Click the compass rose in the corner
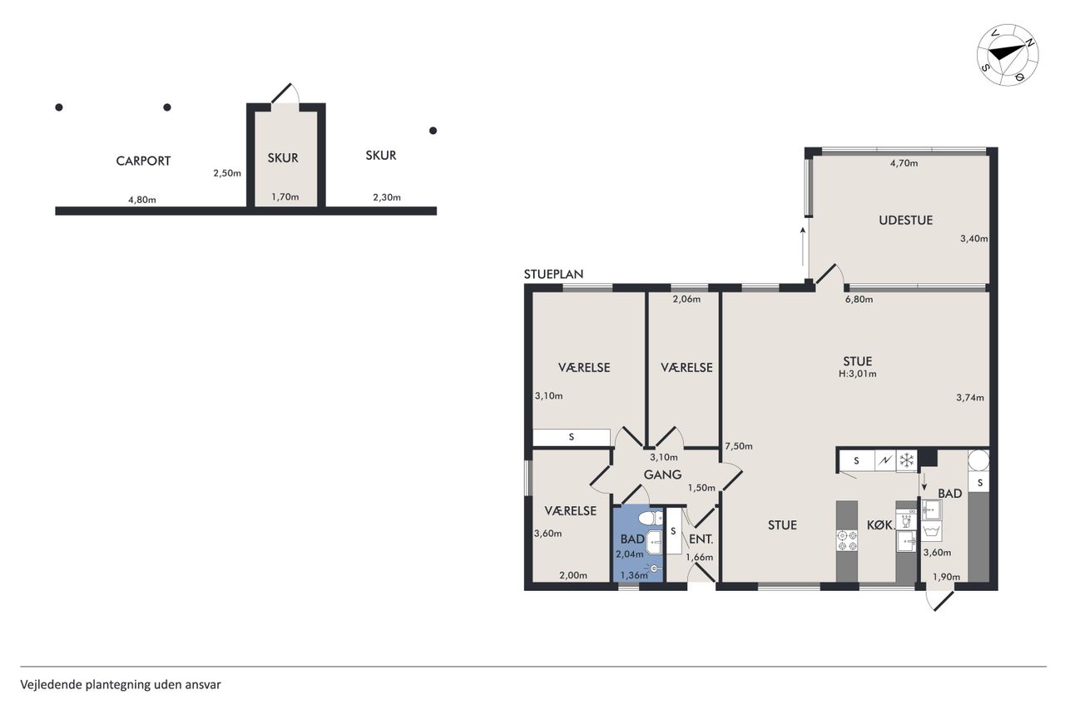coord(1008,55)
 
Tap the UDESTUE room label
coord(905,221)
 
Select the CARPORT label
coord(143,161)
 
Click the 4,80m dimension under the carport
coord(141,200)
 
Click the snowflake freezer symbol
coord(907,460)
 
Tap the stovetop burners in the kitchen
coord(847,541)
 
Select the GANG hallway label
coord(662,474)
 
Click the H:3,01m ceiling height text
coord(857,374)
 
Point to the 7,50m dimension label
coord(738,446)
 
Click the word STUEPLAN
coord(553,274)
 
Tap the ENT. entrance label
coord(701,539)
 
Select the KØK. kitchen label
coord(881,525)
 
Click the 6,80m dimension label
coord(859,299)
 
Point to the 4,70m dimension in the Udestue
coord(904,163)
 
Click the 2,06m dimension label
coord(686,299)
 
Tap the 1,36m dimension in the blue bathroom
coord(634,575)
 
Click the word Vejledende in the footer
coord(51,685)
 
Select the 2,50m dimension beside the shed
coord(227,173)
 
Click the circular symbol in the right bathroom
coord(979,460)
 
